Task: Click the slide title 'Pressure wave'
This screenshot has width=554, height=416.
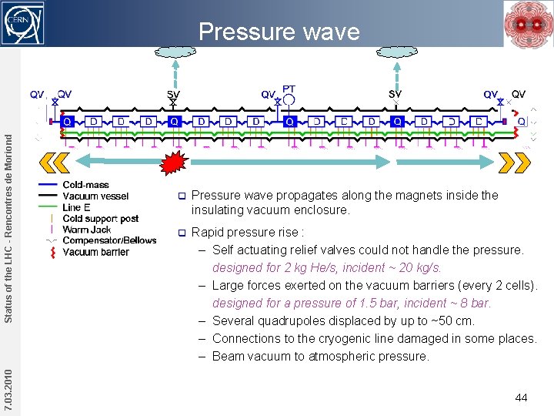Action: pyautogui.click(x=279, y=32)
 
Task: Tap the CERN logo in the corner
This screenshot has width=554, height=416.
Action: pyautogui.click(x=24, y=24)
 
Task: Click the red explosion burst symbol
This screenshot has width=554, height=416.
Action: pyautogui.click(x=175, y=163)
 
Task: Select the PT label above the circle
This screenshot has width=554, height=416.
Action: pyautogui.click(x=289, y=89)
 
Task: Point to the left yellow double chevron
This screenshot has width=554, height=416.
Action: pyautogui.click(x=53, y=163)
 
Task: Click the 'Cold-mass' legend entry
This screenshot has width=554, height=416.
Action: pyautogui.click(x=85, y=185)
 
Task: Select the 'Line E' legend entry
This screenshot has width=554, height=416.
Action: pyautogui.click(x=76, y=207)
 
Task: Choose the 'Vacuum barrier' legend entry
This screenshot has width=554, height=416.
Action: pyautogui.click(x=95, y=252)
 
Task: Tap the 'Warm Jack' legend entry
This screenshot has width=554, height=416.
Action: pyautogui.click(x=86, y=230)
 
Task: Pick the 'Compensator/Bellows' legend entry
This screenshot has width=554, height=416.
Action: pyautogui.click(x=109, y=240)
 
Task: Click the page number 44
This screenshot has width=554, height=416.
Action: pyautogui.click(x=521, y=398)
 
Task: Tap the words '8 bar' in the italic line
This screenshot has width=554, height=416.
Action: pyautogui.click(x=471, y=303)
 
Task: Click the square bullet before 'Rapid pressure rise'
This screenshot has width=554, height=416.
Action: pyautogui.click(x=182, y=232)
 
